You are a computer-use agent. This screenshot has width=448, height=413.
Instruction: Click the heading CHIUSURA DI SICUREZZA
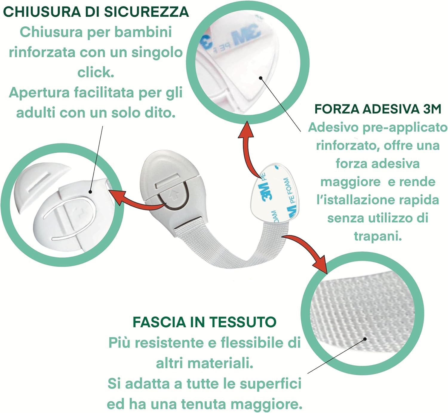96,12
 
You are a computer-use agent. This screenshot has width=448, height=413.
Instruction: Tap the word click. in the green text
96,72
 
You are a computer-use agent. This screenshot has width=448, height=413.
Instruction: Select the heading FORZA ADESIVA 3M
378,109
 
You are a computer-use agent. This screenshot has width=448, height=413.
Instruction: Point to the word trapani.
378,236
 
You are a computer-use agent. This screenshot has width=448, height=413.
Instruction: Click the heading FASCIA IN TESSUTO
205,322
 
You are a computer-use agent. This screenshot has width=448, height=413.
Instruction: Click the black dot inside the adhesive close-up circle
260,78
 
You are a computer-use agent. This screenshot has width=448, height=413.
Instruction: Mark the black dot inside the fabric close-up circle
365,339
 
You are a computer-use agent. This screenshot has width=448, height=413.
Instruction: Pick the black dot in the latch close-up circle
90,192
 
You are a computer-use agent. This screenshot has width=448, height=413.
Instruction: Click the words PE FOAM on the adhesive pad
289,191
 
